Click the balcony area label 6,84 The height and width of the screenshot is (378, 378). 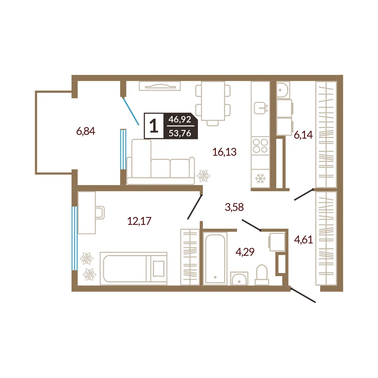point(85,132)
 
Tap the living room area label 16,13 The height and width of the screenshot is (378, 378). point(224,152)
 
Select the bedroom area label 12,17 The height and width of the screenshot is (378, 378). point(139,221)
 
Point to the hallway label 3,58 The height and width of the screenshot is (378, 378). point(234,207)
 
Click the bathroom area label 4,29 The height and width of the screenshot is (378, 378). point(245,252)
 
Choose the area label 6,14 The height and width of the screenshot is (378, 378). point(303,135)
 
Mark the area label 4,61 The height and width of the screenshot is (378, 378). point(304,240)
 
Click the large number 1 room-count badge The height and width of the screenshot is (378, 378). point(154,126)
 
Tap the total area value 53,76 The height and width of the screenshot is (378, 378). point(180,133)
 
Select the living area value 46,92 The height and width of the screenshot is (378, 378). point(180,119)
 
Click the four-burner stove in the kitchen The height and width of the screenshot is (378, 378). point(260,146)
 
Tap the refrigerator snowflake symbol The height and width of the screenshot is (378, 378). point(260,179)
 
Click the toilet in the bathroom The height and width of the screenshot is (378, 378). point(262,275)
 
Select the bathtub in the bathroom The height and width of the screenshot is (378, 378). point(215,259)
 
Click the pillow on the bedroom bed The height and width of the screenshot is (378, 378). point(159,268)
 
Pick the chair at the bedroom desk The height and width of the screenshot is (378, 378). point(100,212)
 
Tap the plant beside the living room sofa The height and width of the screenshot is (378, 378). point(203,176)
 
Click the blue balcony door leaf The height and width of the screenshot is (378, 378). point(131,111)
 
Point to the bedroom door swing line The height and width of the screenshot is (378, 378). point(195,207)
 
